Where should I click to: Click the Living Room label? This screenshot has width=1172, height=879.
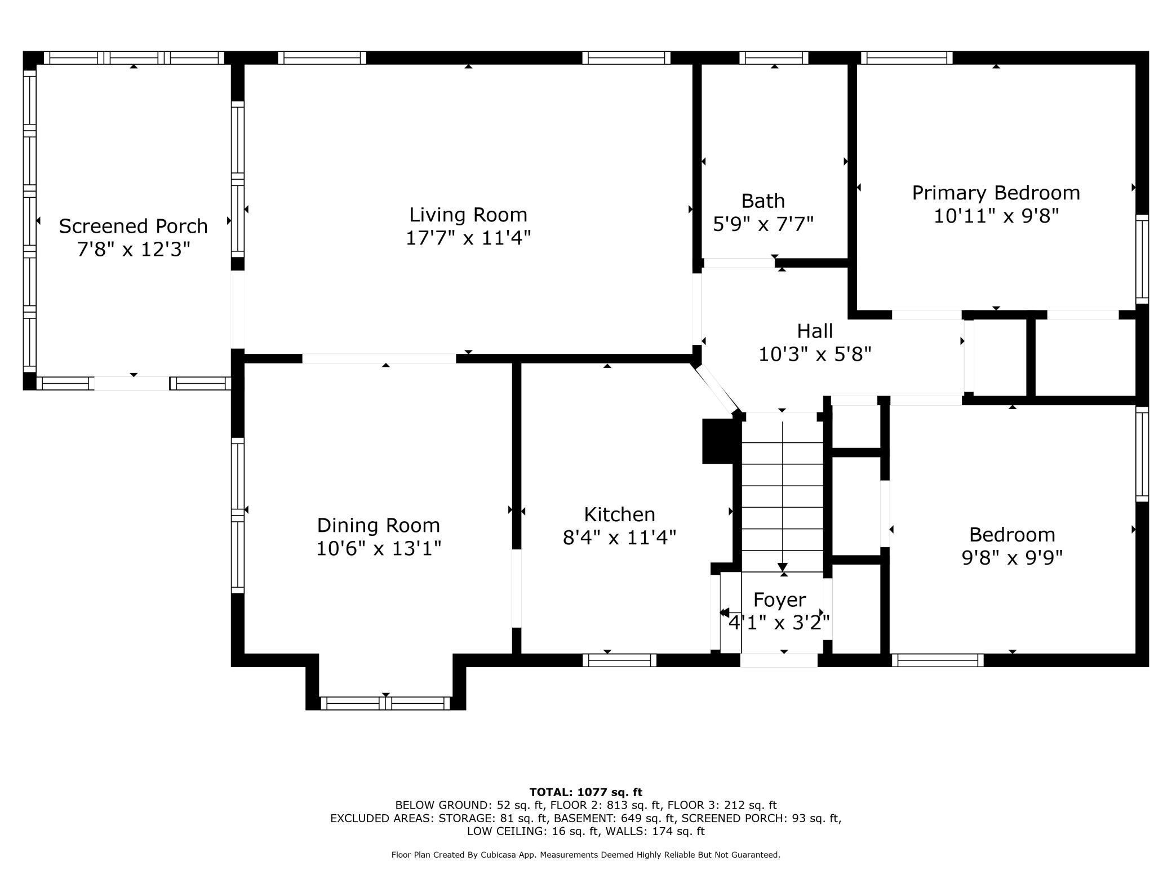468,215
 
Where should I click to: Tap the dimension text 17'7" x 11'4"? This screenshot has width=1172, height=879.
468,238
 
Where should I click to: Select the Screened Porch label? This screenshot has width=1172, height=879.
133,226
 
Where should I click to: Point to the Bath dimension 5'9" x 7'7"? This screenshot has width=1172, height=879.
763,224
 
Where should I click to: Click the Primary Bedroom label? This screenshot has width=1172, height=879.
996,193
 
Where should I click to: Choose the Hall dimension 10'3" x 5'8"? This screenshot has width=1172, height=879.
815,354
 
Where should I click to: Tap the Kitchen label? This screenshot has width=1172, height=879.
619,514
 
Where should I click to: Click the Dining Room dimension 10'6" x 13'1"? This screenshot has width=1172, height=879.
378,548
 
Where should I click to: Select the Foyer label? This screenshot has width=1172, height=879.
779,600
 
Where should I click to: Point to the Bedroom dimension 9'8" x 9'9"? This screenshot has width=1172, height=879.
1012,558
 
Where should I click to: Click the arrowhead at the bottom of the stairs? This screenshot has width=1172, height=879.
782,567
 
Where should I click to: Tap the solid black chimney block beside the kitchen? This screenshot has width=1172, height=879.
718,441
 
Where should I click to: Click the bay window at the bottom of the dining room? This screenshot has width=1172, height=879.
385,703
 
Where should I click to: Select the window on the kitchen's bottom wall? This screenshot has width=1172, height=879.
619,660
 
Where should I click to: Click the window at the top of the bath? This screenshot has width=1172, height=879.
774,57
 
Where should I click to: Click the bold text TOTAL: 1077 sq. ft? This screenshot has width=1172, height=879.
585,792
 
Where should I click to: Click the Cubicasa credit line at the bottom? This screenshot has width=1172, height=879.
585,855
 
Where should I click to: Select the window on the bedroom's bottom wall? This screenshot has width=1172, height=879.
937,660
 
